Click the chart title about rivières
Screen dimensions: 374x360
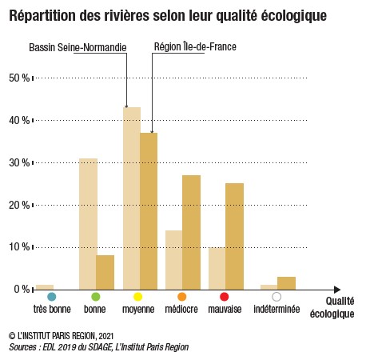[x=168, y=16]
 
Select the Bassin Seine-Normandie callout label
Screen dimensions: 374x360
[x=78, y=47]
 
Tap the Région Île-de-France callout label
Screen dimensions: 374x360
[x=195, y=46]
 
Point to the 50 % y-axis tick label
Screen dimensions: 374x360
[x=19, y=78]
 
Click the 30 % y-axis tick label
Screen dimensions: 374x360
[x=19, y=162]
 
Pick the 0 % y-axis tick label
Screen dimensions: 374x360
[x=22, y=289]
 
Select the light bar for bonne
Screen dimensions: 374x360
[x=88, y=224]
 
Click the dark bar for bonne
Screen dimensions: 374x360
[x=105, y=272]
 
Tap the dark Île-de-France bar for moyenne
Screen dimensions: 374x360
[x=149, y=211]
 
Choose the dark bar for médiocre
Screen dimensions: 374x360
[x=191, y=232]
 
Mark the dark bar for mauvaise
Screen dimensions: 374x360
[x=234, y=236]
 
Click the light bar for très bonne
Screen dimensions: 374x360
[x=45, y=287]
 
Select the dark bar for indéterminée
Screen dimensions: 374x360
[x=286, y=283]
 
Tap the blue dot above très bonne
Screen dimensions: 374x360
[x=52, y=297]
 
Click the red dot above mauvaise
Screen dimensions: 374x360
[x=225, y=297]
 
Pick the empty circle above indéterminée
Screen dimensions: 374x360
[x=277, y=297]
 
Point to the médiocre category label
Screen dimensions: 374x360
[x=181, y=309]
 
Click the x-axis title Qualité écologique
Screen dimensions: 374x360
[x=332, y=307]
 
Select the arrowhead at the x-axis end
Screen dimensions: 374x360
[x=337, y=290]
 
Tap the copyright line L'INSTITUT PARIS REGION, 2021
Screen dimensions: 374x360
[x=62, y=335]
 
